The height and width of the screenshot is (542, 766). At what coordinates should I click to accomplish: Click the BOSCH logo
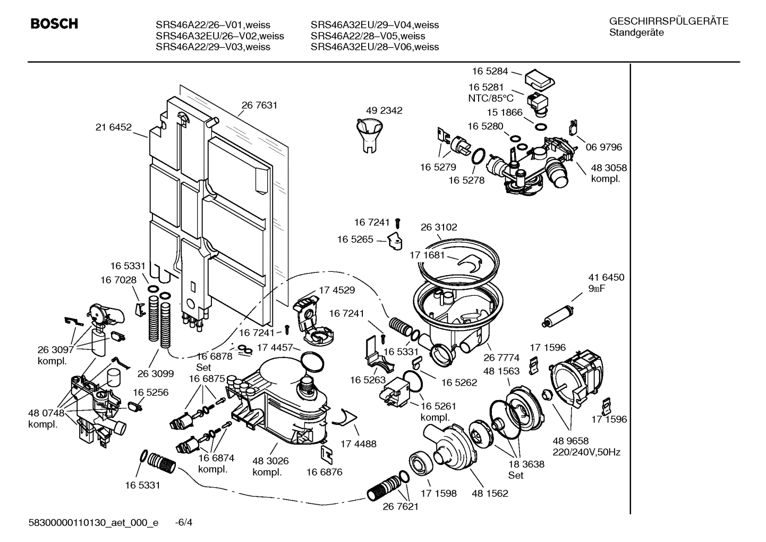click(54, 24)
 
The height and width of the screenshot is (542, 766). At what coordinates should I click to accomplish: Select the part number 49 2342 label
click(384, 111)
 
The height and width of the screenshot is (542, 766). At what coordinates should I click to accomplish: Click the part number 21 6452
click(113, 127)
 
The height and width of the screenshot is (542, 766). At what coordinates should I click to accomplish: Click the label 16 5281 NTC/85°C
click(491, 93)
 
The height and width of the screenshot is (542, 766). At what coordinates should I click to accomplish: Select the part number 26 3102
click(439, 227)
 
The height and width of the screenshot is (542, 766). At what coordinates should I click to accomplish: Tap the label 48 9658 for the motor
click(571, 441)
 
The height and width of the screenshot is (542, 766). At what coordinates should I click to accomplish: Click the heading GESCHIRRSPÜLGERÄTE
click(668, 22)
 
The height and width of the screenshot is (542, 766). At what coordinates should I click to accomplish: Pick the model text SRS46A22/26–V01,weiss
click(213, 25)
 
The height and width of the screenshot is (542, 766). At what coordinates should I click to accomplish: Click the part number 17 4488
click(358, 443)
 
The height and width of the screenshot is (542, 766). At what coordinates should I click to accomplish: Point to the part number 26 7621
click(401, 506)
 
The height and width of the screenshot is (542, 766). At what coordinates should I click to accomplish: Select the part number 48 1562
click(490, 493)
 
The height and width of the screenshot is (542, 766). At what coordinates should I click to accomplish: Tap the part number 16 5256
click(150, 392)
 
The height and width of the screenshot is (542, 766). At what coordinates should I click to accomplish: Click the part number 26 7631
click(259, 105)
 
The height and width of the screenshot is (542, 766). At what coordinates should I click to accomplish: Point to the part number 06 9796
click(603, 147)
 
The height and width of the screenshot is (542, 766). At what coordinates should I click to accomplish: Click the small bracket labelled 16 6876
click(327, 453)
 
